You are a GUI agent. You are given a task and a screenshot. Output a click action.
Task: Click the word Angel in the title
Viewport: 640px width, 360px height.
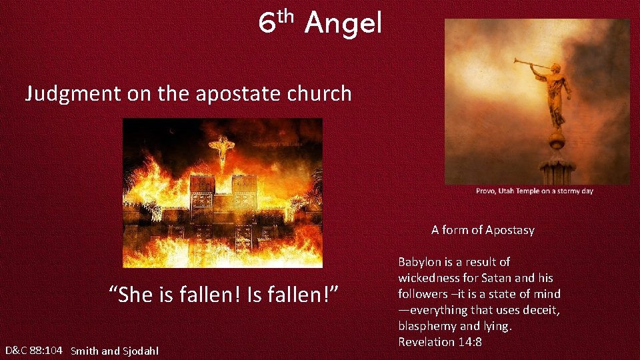343,25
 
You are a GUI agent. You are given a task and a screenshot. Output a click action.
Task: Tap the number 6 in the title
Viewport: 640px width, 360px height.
267,25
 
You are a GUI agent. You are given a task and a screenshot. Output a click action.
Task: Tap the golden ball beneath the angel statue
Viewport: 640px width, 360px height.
556,139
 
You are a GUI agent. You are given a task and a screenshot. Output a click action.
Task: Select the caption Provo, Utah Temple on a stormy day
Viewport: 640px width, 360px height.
534,191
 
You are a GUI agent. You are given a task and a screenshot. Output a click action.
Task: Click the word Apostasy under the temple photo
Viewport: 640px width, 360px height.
509,230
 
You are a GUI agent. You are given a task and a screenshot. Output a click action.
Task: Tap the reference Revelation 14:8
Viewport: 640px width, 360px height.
440,342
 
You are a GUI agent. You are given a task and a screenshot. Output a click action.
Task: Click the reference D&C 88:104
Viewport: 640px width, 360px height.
34,350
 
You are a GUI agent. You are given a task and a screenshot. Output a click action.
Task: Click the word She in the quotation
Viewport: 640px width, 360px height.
138,293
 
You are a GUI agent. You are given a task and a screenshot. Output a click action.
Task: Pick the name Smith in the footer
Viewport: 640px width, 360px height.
85,351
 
